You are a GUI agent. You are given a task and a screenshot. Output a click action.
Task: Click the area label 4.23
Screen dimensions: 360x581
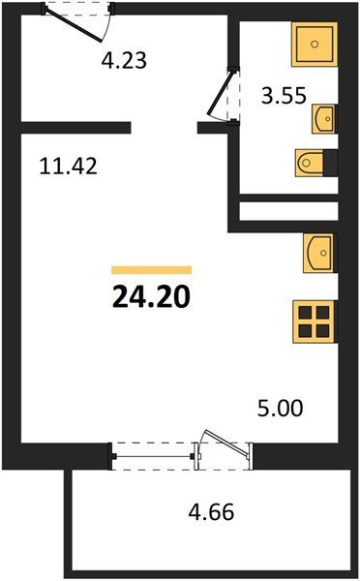click(124, 60)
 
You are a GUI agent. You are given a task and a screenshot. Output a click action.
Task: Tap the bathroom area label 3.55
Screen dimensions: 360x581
click(285, 96)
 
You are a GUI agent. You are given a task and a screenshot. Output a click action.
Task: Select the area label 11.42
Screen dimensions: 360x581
click(68, 166)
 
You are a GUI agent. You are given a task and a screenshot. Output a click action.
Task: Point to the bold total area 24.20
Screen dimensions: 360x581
click(151, 297)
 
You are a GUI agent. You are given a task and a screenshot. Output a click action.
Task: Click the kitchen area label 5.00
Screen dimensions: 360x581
click(281, 409)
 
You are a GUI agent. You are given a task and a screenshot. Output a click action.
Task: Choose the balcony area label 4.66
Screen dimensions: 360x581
click(212, 512)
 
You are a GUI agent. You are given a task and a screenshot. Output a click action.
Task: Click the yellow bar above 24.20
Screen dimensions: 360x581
click(152, 270)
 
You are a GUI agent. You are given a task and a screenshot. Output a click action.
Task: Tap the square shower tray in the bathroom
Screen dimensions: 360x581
click(315, 45)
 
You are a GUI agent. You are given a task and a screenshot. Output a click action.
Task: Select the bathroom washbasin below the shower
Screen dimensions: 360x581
click(324, 118)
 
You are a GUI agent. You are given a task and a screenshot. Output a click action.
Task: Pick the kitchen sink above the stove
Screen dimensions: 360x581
click(320, 253)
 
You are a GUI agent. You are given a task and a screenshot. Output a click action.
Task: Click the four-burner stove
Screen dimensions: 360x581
click(315, 321)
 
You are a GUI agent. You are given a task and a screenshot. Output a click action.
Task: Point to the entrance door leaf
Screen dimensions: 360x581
click(74, 25)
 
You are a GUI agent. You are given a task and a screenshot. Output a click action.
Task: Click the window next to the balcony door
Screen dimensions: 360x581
click(152, 456)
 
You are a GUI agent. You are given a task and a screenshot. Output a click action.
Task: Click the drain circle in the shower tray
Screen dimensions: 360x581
click(315, 45)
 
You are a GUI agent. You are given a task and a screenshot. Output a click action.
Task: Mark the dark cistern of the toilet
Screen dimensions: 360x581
click(330, 163)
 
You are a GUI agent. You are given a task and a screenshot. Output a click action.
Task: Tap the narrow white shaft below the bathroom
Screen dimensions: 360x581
click(289, 211)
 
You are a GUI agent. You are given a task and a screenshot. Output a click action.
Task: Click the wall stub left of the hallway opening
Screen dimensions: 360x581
click(75, 128)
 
